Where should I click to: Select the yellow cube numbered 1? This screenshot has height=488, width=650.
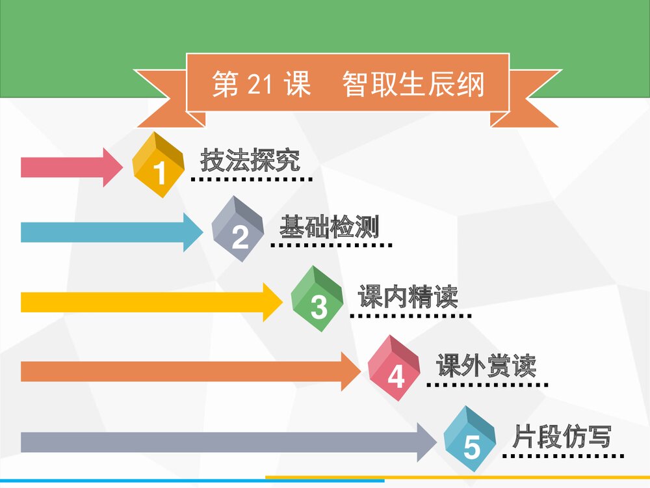158,165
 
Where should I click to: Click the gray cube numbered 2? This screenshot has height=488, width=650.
238,230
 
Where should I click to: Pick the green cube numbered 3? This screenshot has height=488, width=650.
317,299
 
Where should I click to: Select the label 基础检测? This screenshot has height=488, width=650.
329,228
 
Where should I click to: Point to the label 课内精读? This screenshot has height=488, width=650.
408,297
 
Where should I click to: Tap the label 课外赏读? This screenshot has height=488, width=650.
486,366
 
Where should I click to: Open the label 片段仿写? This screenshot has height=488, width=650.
562,437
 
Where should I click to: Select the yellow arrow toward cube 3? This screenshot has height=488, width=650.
151,302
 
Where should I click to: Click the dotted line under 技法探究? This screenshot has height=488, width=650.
252,178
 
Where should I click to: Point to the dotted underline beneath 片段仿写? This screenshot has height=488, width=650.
564,455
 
